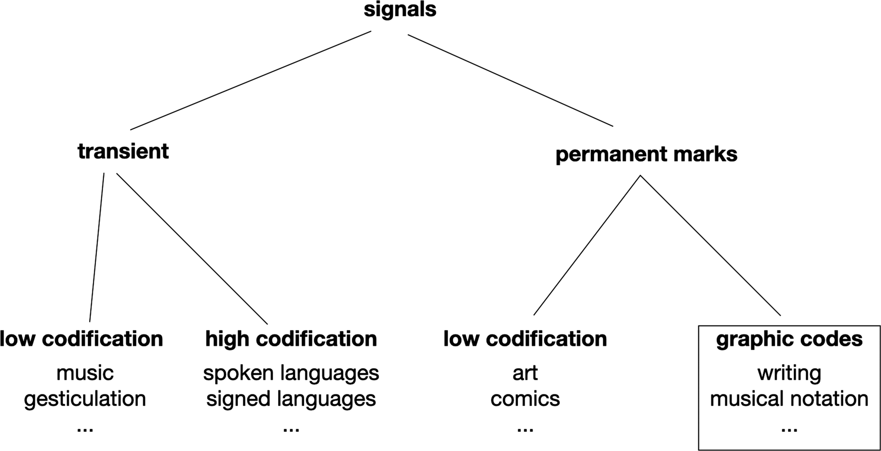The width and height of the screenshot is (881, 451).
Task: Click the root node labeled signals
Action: pyautogui.click(x=400, y=10)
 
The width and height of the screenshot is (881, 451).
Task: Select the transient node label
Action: pyautogui.click(x=123, y=151)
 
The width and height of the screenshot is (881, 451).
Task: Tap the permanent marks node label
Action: pyautogui.click(x=646, y=154)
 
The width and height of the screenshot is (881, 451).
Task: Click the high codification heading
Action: pyautogui.click(x=291, y=339)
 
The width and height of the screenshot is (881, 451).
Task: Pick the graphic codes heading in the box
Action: pyautogui.click(x=789, y=339)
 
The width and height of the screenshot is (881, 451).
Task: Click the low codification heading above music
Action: pyautogui.click(x=82, y=339)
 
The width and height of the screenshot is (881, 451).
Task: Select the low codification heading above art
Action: pyautogui.click(x=525, y=339)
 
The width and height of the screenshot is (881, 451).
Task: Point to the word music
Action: pyautogui.click(x=85, y=373)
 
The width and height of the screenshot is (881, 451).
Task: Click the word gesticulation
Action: pyautogui.click(x=85, y=399)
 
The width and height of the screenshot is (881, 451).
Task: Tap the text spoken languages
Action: pyautogui.click(x=291, y=373)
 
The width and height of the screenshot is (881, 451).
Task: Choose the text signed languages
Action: pyautogui.click(x=291, y=399)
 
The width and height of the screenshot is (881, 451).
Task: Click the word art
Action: pyautogui.click(x=525, y=373)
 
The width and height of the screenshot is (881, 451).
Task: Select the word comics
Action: pyautogui.click(x=525, y=399)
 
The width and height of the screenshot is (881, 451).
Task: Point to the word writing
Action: pyautogui.click(x=789, y=373)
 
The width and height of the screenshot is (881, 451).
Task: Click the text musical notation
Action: pyautogui.click(x=789, y=399)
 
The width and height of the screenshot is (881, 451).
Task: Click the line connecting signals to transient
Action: pyautogui.click(x=251, y=80)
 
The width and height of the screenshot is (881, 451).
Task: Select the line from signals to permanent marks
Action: pyautogui.click(x=510, y=80)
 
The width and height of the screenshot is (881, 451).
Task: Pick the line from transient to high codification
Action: pyautogui.click(x=192, y=248)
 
